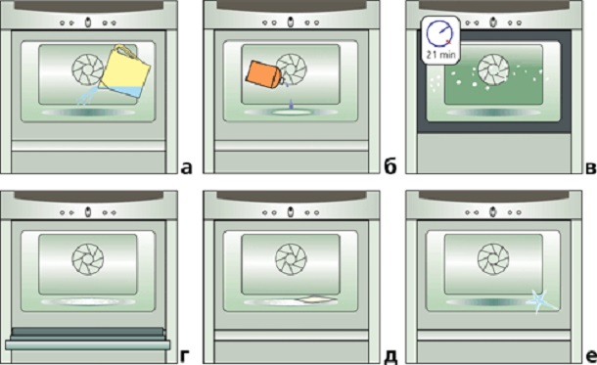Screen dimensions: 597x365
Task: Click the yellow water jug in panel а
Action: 125,72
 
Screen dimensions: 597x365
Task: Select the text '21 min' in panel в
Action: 440,55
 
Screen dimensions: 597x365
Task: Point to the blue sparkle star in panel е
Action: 541,301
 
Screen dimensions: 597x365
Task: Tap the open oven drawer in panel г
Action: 87,339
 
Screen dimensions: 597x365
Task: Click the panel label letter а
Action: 186,166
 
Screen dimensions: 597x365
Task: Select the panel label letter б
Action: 390,165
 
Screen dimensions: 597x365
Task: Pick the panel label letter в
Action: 590,166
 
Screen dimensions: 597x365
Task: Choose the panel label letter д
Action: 390,356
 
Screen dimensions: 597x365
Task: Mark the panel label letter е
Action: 591,356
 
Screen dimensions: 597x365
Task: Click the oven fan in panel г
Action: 88,258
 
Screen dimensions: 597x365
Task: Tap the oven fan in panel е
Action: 493,258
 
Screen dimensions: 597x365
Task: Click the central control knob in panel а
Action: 88,23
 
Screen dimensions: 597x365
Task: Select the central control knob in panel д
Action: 291,212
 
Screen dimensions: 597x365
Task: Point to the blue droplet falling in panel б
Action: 292,104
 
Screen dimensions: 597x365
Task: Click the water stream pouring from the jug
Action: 87,96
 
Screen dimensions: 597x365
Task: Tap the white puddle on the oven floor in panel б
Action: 292,112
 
